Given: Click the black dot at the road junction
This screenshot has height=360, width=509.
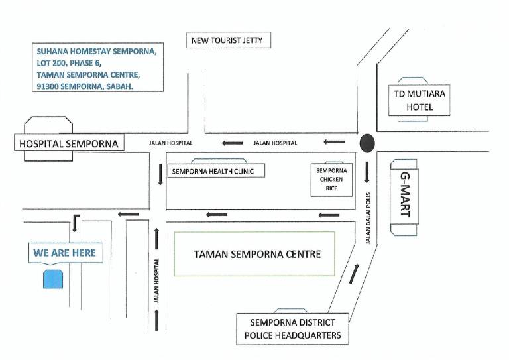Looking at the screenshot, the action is click(x=367, y=143).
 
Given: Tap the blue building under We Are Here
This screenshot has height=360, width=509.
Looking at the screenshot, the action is click(x=53, y=279).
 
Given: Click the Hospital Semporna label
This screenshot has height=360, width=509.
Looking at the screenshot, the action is click(x=69, y=143).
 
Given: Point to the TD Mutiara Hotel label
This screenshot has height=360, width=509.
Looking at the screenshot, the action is click(x=420, y=100).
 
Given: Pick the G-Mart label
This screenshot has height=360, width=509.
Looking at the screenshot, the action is click(x=405, y=194).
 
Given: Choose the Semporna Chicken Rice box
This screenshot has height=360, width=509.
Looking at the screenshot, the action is click(x=331, y=180).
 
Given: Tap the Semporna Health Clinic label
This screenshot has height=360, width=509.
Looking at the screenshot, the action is click(x=213, y=171).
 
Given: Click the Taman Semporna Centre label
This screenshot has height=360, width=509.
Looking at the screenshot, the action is click(x=257, y=254).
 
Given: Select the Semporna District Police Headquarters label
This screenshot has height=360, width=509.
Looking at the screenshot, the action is click(x=292, y=329).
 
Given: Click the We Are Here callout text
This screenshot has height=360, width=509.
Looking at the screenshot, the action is click(x=64, y=253).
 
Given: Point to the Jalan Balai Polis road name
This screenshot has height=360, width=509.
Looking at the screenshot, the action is click(x=368, y=218).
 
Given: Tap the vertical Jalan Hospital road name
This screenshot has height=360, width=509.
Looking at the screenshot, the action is click(x=156, y=280).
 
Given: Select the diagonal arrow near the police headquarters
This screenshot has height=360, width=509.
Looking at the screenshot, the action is click(x=354, y=274).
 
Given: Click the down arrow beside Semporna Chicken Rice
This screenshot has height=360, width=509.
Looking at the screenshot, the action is click(x=367, y=172).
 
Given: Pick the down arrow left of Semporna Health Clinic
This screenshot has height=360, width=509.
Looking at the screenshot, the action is click(x=160, y=174).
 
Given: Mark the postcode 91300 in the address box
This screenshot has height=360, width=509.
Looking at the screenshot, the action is click(x=48, y=86).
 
